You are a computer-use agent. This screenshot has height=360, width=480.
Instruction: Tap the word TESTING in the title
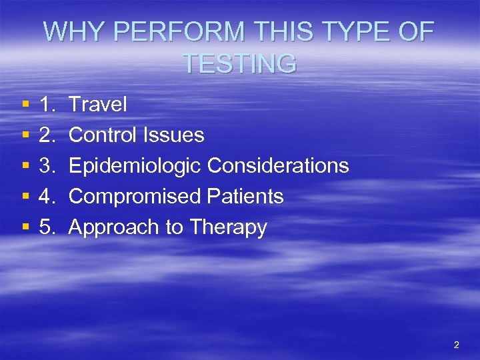(x=239, y=64)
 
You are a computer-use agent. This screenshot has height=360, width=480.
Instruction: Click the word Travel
(x=98, y=105)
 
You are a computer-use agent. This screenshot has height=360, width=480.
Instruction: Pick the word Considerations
(x=278, y=166)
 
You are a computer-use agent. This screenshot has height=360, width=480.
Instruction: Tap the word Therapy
(x=228, y=228)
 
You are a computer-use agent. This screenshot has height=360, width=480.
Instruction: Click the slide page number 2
(x=456, y=345)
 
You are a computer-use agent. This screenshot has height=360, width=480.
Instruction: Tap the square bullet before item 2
(x=25, y=136)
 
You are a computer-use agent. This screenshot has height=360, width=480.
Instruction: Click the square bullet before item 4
(x=25, y=197)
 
